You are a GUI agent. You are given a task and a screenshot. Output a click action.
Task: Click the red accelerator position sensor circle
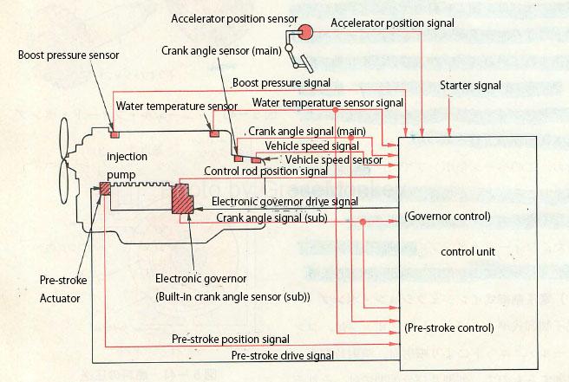(306, 32)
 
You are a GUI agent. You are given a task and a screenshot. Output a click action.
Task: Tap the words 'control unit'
(468, 252)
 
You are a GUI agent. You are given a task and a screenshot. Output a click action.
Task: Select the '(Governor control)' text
(448, 216)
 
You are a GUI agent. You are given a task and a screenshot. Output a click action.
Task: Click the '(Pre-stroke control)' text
(448, 328)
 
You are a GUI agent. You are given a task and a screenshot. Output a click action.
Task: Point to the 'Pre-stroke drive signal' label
(283, 355)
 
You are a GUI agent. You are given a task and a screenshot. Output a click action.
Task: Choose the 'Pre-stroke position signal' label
(231, 339)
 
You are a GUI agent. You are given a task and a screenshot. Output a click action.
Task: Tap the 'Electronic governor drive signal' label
(285, 202)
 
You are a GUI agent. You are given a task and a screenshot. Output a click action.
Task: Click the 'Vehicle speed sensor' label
(334, 159)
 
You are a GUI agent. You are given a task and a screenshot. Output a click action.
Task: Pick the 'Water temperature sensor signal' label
(328, 102)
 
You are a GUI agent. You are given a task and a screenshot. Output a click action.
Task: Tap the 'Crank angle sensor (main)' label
(219, 51)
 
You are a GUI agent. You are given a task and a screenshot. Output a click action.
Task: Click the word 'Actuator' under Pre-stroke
(60, 298)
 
